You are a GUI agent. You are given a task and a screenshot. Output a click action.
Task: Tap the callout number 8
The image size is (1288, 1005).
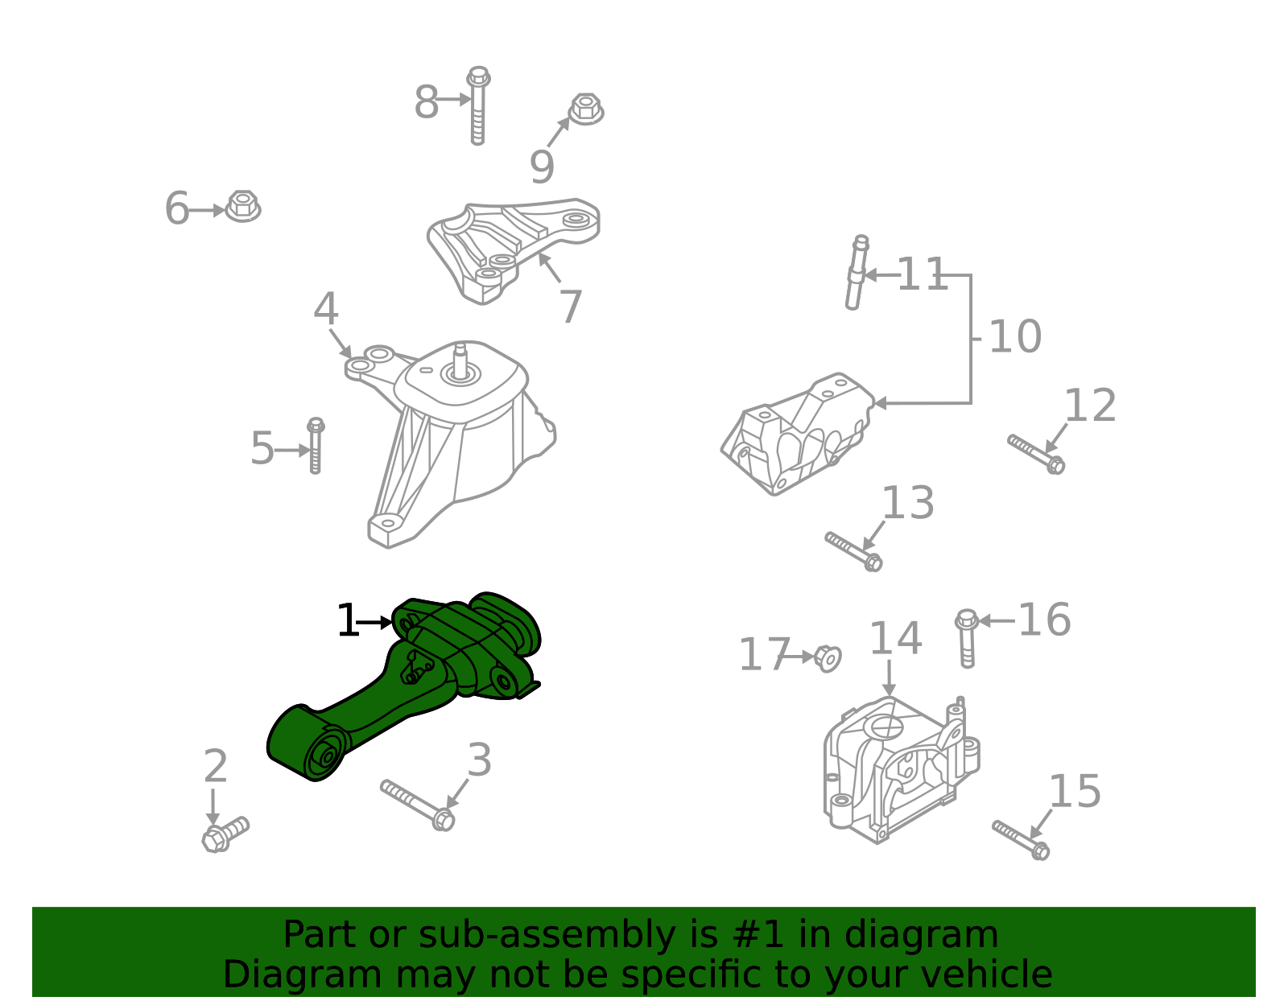(426, 102)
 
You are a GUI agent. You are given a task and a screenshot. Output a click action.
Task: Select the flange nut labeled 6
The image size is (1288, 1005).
(243, 206)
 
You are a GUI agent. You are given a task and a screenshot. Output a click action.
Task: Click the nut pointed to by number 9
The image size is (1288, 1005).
(586, 109)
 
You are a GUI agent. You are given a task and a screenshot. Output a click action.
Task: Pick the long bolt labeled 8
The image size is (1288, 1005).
(478, 105)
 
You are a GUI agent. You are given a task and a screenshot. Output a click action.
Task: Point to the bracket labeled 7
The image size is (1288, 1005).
(514, 251)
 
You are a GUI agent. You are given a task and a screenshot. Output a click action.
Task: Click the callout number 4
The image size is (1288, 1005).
(326, 308)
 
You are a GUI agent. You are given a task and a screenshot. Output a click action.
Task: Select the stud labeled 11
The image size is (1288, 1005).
(857, 273)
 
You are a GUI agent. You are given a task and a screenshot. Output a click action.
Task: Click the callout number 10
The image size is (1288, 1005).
(1015, 336)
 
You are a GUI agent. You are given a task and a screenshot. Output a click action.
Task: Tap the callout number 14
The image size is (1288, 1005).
(896, 638)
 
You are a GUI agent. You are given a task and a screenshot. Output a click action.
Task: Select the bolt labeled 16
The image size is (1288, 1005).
(967, 638)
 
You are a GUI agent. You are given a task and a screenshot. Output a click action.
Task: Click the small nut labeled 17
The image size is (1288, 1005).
(828, 658)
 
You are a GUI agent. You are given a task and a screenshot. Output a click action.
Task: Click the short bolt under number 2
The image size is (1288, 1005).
(225, 834)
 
